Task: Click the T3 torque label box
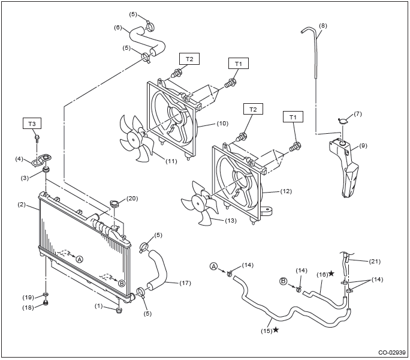pos(32,124)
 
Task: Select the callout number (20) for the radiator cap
pos(132,199)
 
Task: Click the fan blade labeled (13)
pos(200,203)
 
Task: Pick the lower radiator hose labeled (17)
pos(158,269)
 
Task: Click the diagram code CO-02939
pos(391,352)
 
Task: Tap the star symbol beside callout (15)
pos(276,330)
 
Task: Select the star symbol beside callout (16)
pos(331,274)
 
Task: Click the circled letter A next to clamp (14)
pos(214,266)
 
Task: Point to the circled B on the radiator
pos(121,283)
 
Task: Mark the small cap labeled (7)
pos(342,121)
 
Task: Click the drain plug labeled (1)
pos(119,311)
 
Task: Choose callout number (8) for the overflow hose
pos(323,26)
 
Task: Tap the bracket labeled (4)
pos(41,160)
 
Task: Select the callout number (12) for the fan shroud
pos(286,191)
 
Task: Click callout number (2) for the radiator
pos(22,205)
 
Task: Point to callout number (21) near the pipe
pos(375,261)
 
